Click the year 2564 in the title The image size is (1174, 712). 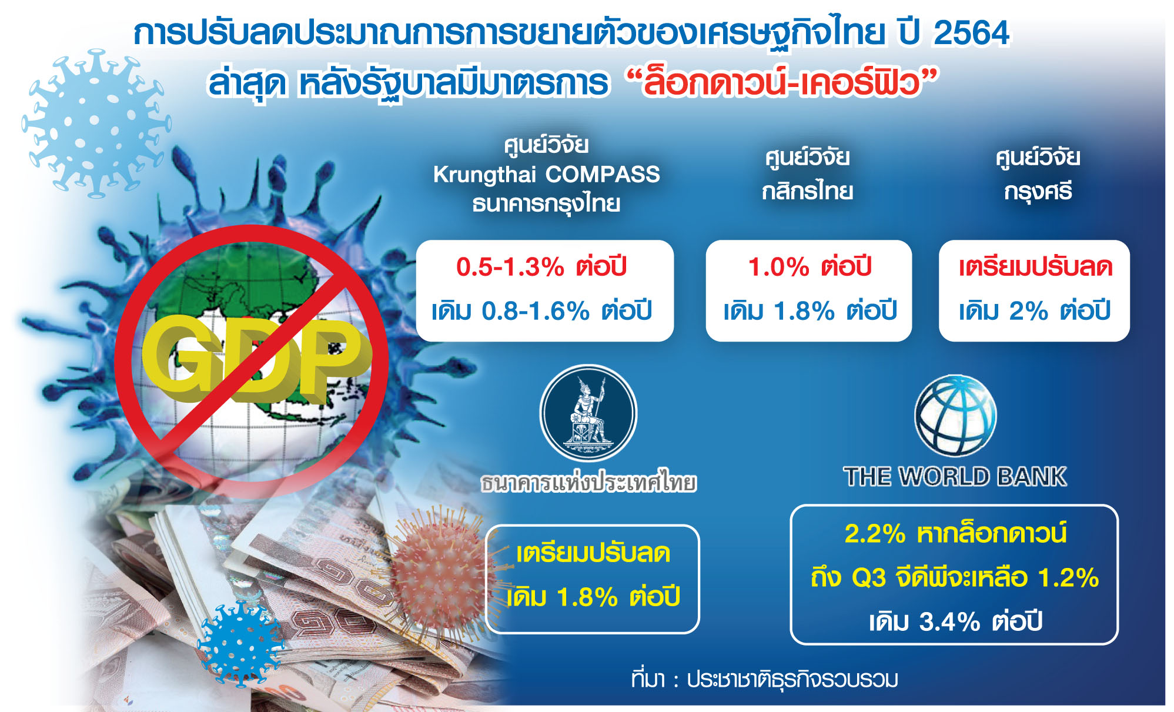(971, 33)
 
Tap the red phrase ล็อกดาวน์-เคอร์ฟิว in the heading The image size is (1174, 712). (782, 82)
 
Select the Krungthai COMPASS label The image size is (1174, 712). (546, 175)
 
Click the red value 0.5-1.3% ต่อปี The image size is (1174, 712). (541, 267)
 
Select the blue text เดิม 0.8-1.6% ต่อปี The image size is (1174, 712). (541, 310)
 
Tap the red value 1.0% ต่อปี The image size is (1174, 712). (810, 267)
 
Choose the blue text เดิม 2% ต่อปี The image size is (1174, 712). (1034, 310)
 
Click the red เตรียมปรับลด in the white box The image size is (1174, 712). (1035, 267)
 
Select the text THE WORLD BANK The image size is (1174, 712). (955, 476)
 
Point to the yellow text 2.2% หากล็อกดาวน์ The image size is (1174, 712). (955, 533)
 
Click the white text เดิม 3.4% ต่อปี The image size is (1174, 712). (955, 621)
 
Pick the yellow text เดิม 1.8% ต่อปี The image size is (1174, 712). (593, 597)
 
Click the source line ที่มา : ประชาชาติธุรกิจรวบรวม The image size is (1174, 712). (764, 680)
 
